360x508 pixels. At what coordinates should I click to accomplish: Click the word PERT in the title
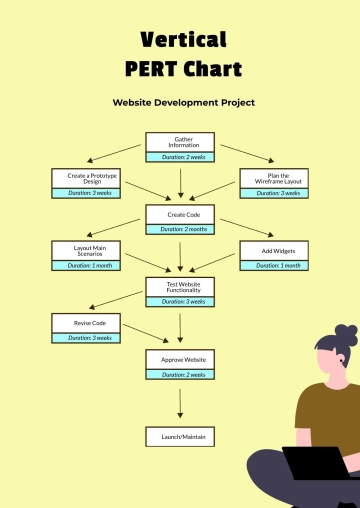[x=152, y=69]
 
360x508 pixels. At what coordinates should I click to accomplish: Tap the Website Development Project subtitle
[x=183, y=102]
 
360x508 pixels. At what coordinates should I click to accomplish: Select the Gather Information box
[x=180, y=142]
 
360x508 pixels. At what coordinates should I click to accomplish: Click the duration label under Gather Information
[x=180, y=157]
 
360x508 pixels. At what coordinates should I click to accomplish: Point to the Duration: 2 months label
[x=180, y=229]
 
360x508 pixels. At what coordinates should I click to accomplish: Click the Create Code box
[x=180, y=214]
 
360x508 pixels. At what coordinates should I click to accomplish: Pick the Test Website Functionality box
[x=180, y=286]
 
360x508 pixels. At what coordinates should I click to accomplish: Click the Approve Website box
[x=180, y=359]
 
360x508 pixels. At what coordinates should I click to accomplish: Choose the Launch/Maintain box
[x=180, y=437]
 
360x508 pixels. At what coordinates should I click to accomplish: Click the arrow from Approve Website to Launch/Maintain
[x=180, y=403]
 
